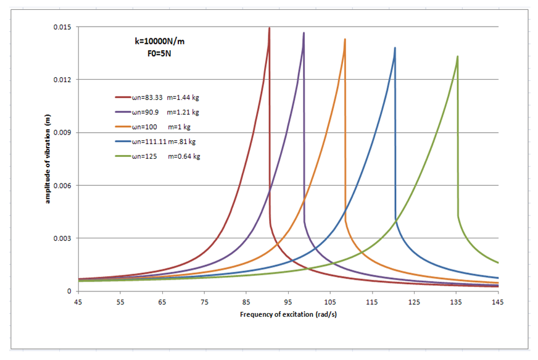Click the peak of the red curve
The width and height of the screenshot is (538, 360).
269,28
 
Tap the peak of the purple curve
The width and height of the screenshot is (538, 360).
304,33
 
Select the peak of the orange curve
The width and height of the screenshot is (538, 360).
345,40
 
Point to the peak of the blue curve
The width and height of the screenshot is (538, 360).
395,48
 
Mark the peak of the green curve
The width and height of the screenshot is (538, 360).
457,57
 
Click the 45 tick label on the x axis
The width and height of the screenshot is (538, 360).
78,301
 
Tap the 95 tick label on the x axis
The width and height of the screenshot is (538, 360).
288,301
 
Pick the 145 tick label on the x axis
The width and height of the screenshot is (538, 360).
498,301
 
